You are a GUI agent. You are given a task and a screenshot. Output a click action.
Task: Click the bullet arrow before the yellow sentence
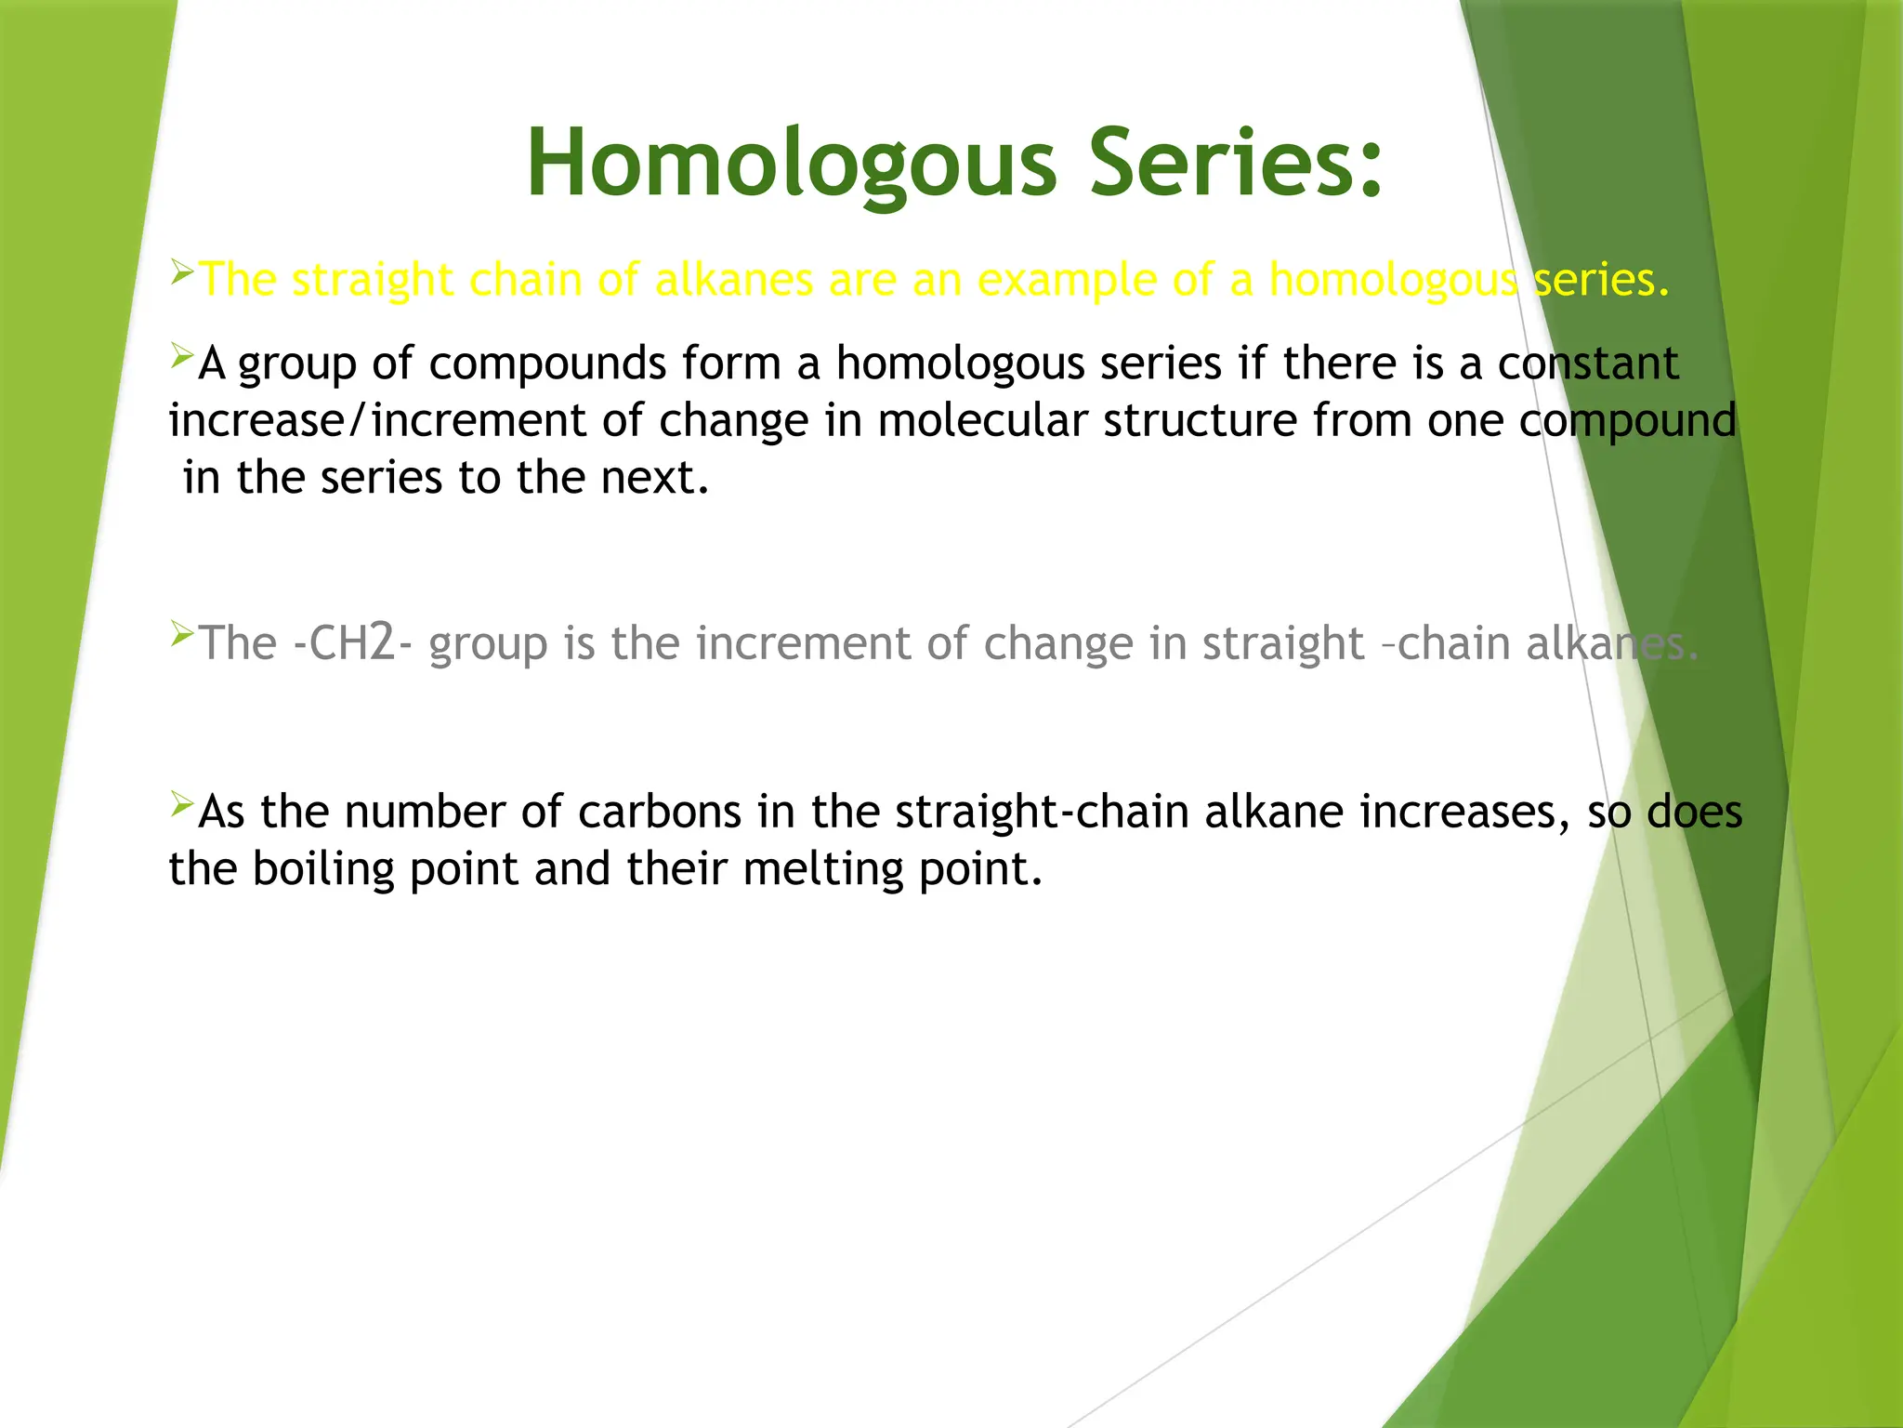tap(181, 272)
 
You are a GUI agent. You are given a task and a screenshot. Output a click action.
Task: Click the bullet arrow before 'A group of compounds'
tap(181, 355)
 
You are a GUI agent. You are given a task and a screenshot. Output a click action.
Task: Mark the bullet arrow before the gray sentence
tap(181, 636)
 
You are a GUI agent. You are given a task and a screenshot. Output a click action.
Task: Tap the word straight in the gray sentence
tap(1282, 643)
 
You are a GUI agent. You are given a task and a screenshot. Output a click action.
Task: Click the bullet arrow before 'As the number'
tap(181, 803)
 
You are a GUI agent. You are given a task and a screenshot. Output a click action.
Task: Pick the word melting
tap(822, 870)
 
